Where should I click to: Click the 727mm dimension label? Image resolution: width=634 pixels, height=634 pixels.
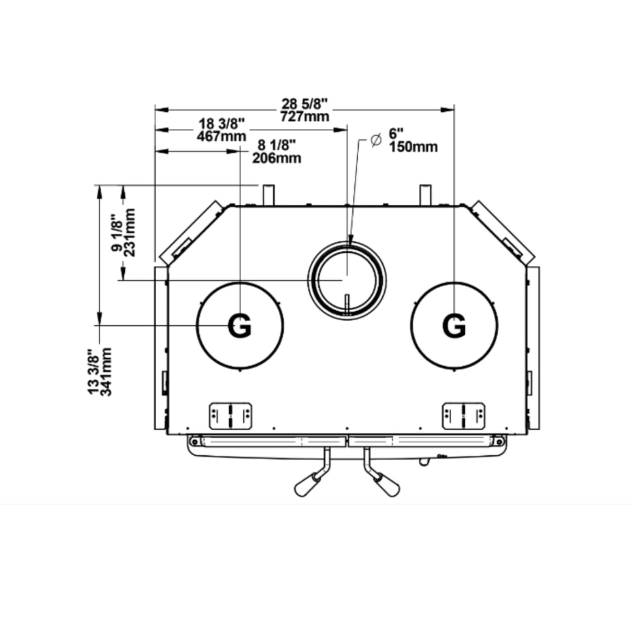304,116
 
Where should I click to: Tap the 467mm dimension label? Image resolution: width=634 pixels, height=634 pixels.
222,136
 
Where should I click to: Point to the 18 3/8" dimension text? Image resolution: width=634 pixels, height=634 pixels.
222,124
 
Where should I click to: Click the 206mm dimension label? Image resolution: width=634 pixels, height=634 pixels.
276,157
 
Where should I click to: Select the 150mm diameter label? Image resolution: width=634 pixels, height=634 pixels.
413,147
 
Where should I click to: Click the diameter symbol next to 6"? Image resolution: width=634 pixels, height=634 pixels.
376,140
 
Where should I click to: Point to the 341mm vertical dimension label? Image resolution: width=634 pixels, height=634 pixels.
106,372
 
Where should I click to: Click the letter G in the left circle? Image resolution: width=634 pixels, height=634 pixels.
240,326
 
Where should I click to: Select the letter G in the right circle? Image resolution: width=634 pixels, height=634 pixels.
453,326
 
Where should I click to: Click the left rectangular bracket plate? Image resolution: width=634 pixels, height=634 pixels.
230,416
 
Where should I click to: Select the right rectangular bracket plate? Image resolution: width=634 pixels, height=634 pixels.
463,416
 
